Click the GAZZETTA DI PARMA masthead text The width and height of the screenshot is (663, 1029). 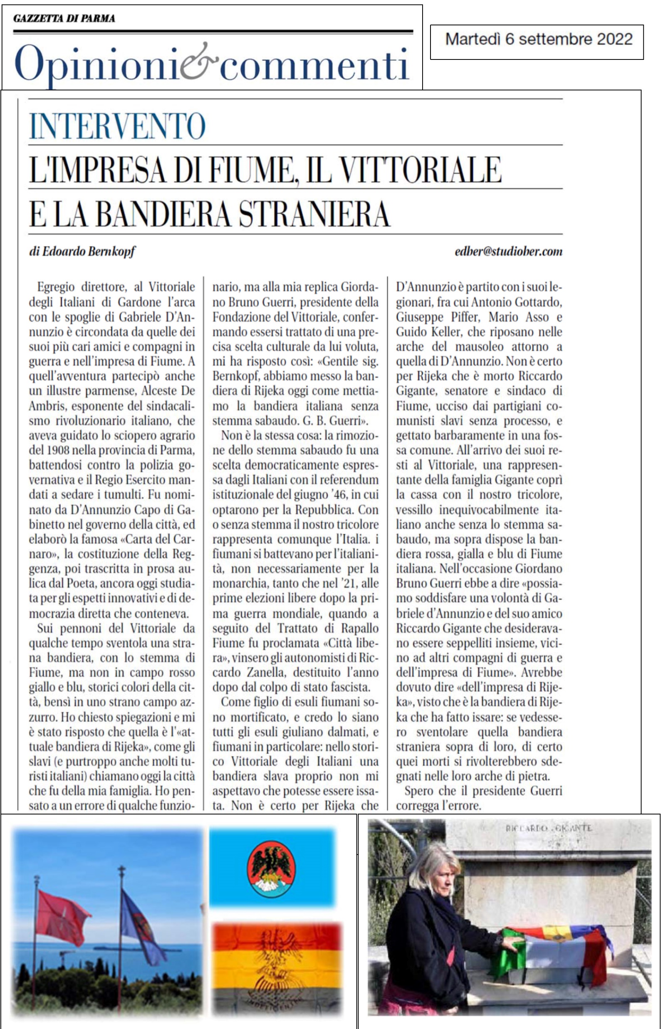pos(64,19)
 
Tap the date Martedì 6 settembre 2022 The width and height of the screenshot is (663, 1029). pos(539,40)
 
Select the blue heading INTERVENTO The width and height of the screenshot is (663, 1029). pos(117,126)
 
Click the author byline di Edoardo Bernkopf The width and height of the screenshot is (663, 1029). pos(82,252)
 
